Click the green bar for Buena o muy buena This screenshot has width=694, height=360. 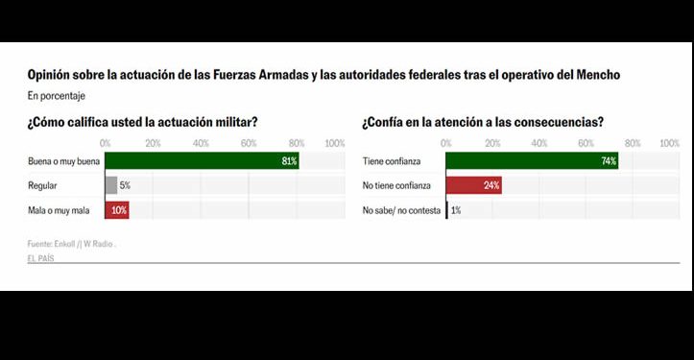click(x=201, y=161)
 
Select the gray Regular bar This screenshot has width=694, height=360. click(x=110, y=185)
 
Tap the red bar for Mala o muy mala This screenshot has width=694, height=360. click(x=116, y=209)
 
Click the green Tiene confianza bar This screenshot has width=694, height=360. click(x=532, y=161)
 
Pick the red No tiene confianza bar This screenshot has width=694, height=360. click(x=473, y=185)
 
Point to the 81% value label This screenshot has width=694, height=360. click(x=288, y=161)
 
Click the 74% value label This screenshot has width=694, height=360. click(x=608, y=161)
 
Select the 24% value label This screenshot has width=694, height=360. click(x=491, y=185)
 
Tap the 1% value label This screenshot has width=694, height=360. click(x=456, y=209)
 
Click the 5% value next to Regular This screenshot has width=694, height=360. click(x=125, y=185)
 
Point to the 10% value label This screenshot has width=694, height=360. click(x=119, y=209)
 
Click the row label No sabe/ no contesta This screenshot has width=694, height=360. click(x=399, y=209)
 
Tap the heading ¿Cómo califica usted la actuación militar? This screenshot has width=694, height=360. click(x=142, y=122)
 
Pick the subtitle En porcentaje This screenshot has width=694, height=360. click(x=57, y=96)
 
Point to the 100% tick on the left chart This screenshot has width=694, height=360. click(x=335, y=143)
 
